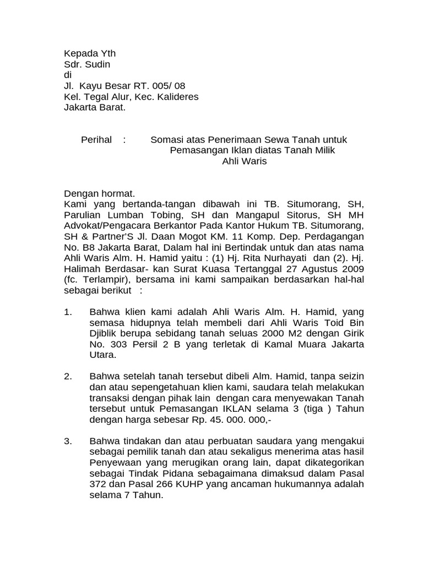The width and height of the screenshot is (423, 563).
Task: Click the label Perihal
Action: pos(96,140)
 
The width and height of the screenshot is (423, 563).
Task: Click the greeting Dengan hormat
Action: pos(100,194)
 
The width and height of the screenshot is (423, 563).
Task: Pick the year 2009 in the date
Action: pos(352,269)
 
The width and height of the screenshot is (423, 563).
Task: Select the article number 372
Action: pos(99,484)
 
